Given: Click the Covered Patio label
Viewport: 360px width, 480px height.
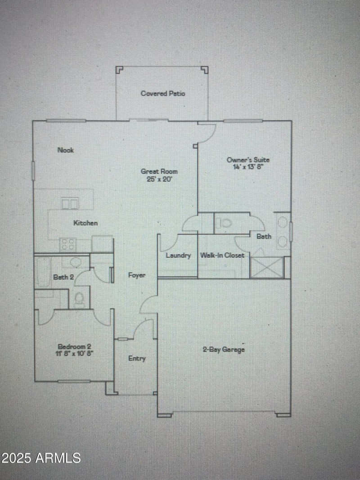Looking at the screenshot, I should pos(162,94).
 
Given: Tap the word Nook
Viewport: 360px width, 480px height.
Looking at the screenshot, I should pos(66,150).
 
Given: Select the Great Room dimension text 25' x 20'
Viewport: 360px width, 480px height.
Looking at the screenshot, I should pos(159,179).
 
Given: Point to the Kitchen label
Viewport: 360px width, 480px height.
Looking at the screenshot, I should pos(85,223).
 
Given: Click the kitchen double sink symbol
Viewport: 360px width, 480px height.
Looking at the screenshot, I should pos(70,204).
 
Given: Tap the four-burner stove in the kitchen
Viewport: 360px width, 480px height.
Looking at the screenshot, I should pos(68,244).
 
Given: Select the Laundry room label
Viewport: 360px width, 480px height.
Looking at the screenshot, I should pos(178,256).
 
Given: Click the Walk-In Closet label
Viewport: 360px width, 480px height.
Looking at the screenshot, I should pos(222,256).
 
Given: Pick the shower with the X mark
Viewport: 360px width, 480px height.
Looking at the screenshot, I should pos(266,267).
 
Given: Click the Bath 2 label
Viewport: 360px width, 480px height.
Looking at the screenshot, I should pos(63,277).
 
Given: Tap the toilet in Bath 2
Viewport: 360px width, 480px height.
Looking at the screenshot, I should pos(80,298).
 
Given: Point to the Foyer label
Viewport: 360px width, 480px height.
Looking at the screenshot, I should pos(136,275).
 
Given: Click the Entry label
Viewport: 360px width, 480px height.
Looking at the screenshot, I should pos(137,359).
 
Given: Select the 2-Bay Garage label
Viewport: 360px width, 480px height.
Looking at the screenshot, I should pos(224,350).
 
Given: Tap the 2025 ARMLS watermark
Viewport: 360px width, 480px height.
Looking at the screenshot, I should pos(41,458).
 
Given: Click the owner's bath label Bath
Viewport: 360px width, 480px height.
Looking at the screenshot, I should pos(264,236).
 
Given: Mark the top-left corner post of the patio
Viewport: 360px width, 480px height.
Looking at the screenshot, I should pos(119,70).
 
